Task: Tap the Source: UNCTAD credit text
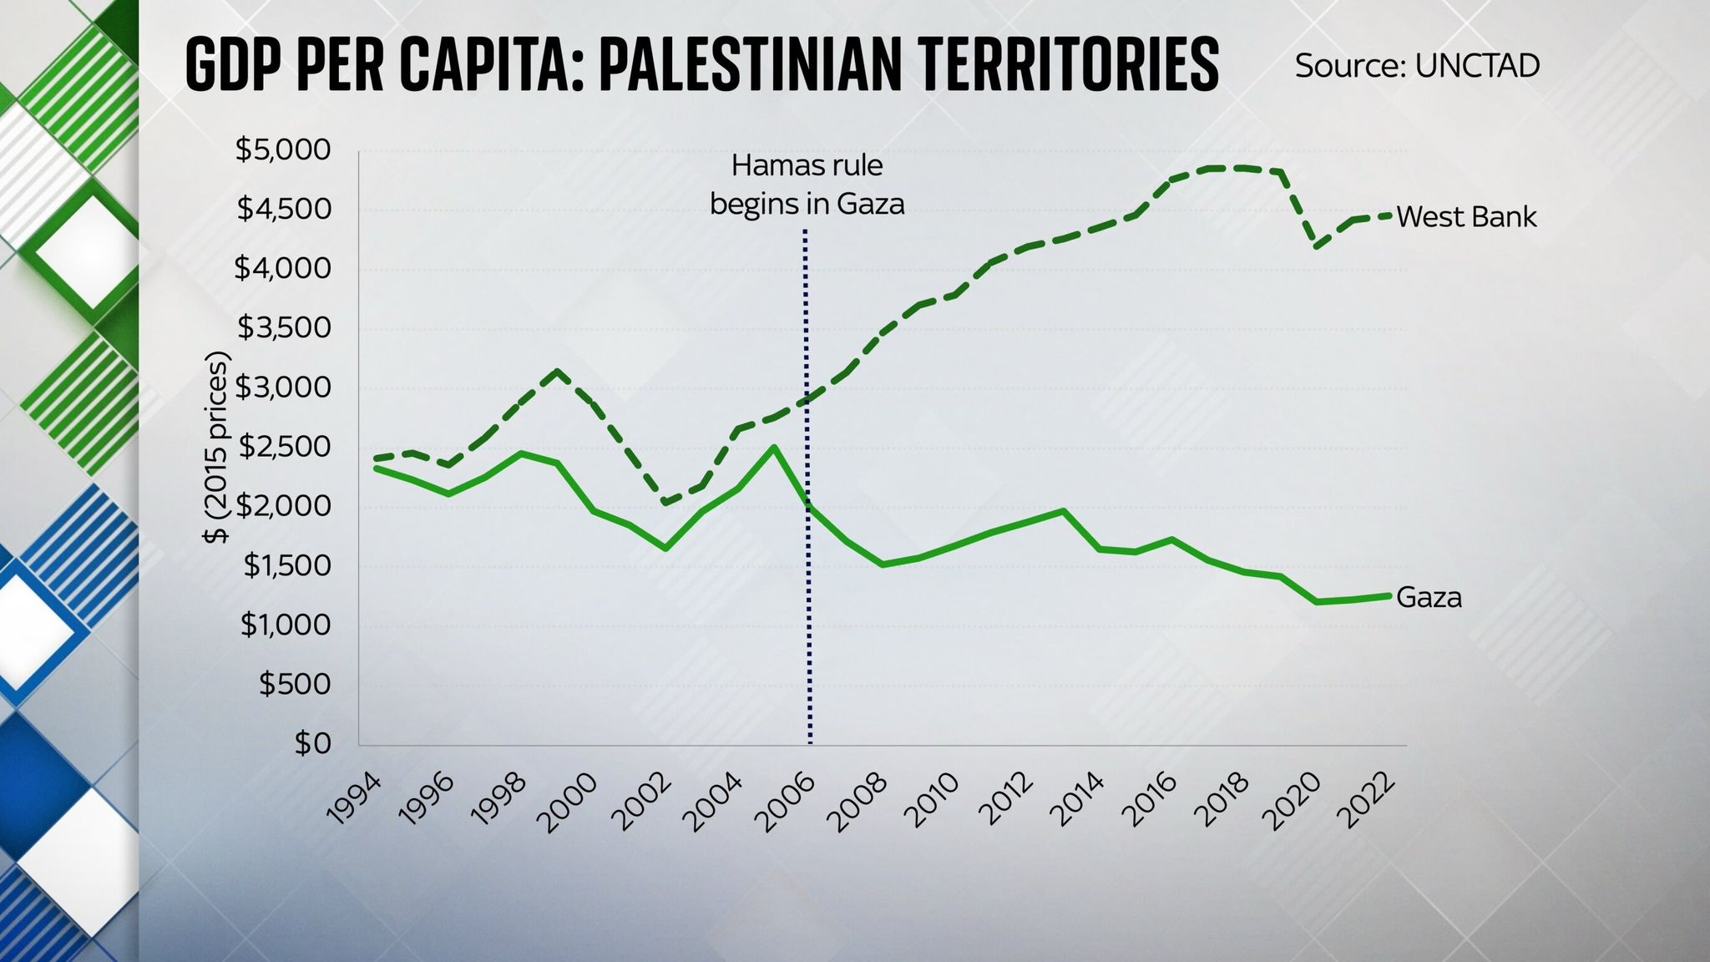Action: (1417, 66)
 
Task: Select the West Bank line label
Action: (1466, 217)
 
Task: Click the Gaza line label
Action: (1429, 598)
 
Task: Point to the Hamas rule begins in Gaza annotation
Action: (807, 185)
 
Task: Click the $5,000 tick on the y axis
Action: (284, 150)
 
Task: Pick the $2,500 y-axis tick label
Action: (284, 448)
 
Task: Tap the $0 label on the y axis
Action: (312, 743)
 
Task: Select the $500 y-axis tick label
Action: (295, 685)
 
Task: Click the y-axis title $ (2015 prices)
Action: (216, 448)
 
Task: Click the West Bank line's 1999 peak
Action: (558, 371)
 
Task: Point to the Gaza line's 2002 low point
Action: (665, 549)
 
